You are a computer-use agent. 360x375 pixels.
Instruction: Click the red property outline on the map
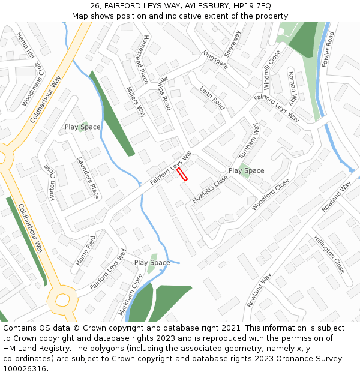pos(182,174)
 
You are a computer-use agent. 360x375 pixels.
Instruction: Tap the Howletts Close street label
pos(210,188)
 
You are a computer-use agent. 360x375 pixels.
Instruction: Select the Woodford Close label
pos(270,194)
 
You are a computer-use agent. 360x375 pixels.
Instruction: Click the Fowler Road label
pos(328,49)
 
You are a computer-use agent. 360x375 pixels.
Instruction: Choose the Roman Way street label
pos(292,87)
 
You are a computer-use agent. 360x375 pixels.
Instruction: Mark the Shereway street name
pos(231,45)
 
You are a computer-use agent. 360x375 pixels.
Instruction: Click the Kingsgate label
pos(215,59)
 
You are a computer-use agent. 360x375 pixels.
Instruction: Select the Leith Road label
pos(212,98)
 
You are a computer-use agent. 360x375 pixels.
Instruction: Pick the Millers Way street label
pos(136,101)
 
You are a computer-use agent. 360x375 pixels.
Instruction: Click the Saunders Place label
pos(88,178)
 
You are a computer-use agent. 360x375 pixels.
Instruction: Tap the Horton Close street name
pos(52,183)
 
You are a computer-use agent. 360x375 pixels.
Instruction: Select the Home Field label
pos(86,250)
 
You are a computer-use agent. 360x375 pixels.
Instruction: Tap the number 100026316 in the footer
pos(24,368)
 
